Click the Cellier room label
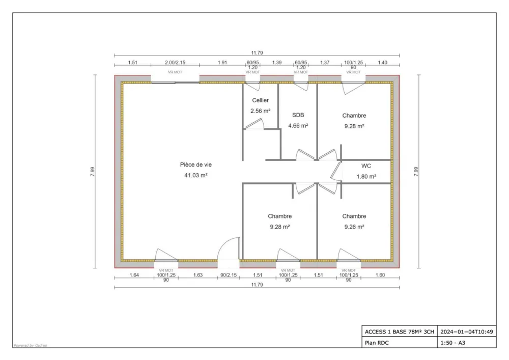tap(260, 100)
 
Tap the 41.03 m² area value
tap(196, 175)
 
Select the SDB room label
tap(298, 115)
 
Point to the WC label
tap(366, 166)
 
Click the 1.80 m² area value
tap(366, 176)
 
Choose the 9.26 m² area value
tap(354, 227)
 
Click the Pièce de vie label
tap(195, 164)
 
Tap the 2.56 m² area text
tap(260, 110)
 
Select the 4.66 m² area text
tap(298, 125)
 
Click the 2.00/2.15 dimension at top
tap(175, 62)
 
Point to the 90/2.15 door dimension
tap(229, 275)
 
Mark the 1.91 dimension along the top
tap(222, 62)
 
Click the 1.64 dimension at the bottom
tap(134, 275)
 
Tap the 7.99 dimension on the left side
tap(92, 171)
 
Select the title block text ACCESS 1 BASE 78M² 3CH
tap(400, 331)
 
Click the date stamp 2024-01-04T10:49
tap(467, 331)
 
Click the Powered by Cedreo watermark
tap(30, 345)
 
